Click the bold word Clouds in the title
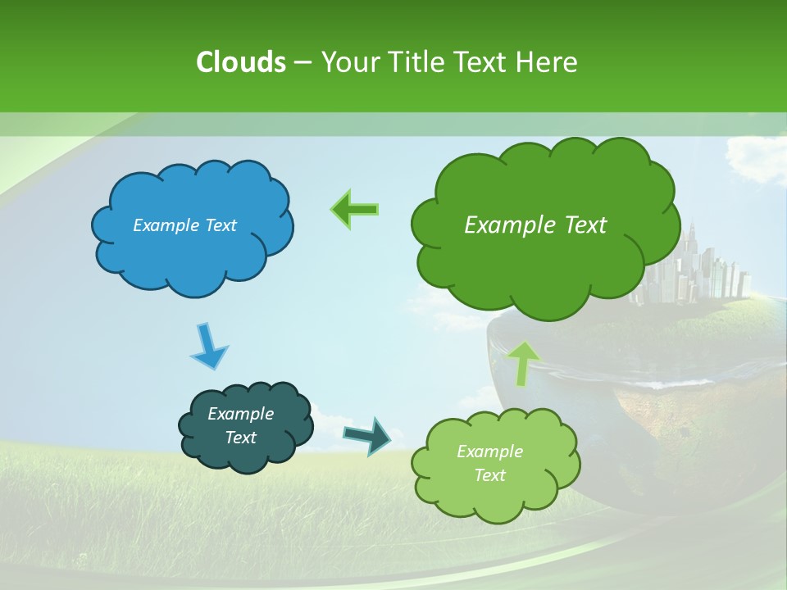pos(240,61)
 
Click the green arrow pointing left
pos(354,209)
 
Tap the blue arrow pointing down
pos(208,345)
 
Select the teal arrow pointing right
pos(368,435)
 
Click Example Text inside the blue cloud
pos(184,225)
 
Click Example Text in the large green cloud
pos(535,225)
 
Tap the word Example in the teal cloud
pos(240,414)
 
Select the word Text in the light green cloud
pos(489,475)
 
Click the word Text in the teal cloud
pos(240,438)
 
